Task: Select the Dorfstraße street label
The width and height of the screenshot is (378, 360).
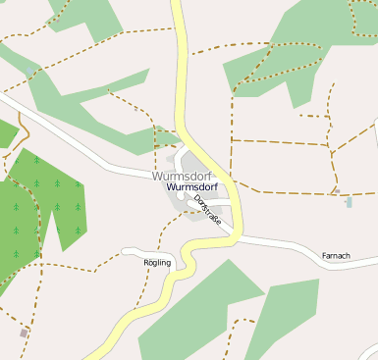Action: click(x=208, y=212)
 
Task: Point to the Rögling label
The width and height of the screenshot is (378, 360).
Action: click(x=157, y=263)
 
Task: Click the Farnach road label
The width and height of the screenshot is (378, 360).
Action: click(x=336, y=256)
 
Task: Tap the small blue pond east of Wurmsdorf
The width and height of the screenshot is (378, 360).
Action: click(x=349, y=202)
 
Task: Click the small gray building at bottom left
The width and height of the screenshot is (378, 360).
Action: click(x=24, y=334)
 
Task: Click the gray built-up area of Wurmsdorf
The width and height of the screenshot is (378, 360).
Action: click(x=187, y=201)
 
